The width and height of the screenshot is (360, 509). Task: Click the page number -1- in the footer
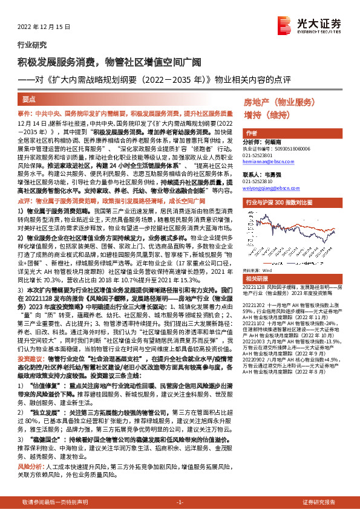[x=180, y=502]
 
